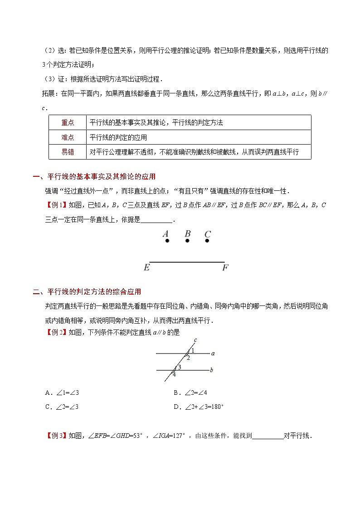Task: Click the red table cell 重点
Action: pyautogui.click(x=68, y=122)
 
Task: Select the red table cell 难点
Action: pyautogui.click(x=68, y=137)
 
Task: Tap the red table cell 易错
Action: pyautogui.click(x=68, y=152)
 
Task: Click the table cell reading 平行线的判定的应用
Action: pyautogui.click(x=118, y=137)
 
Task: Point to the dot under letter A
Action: pyautogui.click(x=167, y=241)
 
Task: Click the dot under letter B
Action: pyautogui.click(x=187, y=241)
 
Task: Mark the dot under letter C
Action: pyautogui.click(x=207, y=241)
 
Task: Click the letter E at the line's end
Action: pyautogui.click(x=146, y=268)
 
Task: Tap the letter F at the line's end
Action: pyautogui.click(x=225, y=268)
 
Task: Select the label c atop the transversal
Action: pyautogui.click(x=195, y=340)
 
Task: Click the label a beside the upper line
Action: pyautogui.click(x=213, y=353)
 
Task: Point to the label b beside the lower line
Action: pyautogui.click(x=211, y=370)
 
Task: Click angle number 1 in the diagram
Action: pyautogui.click(x=193, y=350)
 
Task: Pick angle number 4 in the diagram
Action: pyautogui.click(x=174, y=374)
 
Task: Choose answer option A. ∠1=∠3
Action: pyautogui.click(x=63, y=393)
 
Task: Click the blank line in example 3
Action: pyautogui.click(x=268, y=436)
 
